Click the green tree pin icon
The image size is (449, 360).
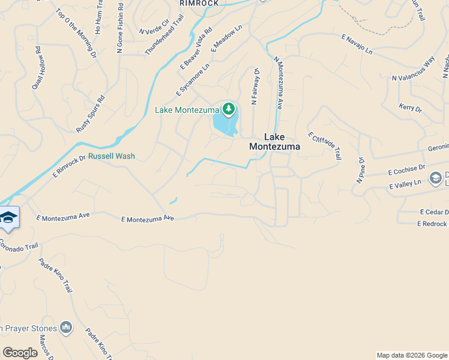pos(228,109)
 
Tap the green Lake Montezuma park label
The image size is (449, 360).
pos(187,110)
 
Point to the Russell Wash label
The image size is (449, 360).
pos(112,156)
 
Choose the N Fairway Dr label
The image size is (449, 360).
pos(255,87)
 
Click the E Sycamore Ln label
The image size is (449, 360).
pos(193,79)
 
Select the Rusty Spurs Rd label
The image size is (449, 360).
pos(91,114)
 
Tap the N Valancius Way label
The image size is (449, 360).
pos(413,69)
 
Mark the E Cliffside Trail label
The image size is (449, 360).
pos(324,146)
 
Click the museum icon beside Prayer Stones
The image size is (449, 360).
pos(66,328)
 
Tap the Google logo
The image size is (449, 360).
pos(20,353)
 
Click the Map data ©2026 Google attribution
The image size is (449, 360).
pos(412,355)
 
